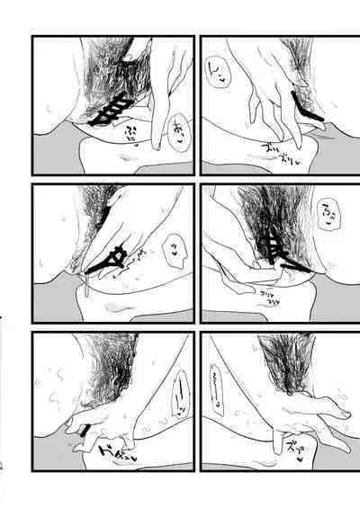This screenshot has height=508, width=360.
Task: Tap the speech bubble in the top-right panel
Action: point(219,90)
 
